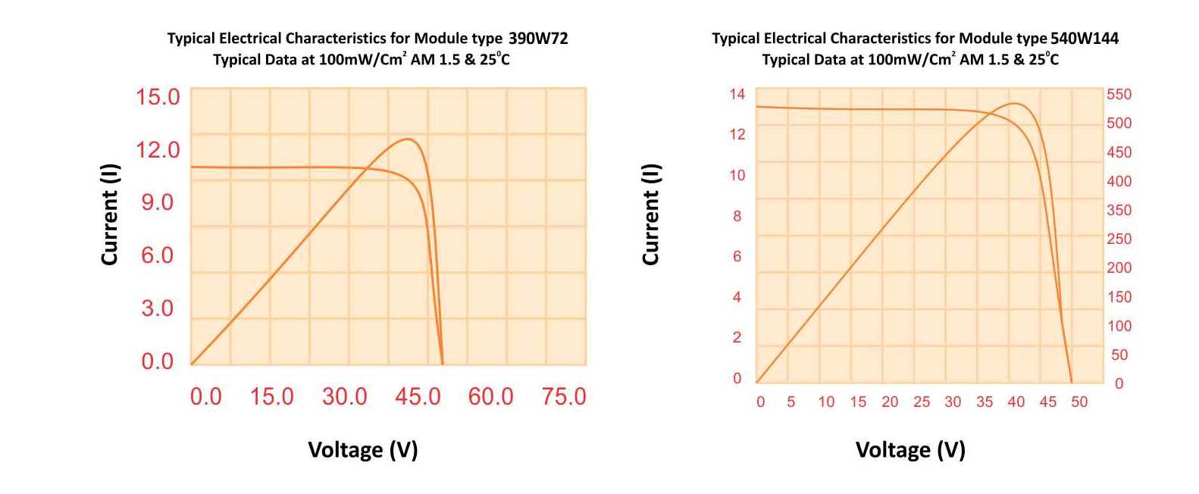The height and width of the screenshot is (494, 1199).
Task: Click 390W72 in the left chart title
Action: tap(538, 38)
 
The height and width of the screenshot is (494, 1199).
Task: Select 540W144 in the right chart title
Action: tap(1084, 38)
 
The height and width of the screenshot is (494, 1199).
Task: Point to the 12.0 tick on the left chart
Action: tap(158, 150)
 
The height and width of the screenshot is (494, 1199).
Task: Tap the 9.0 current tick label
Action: tap(158, 202)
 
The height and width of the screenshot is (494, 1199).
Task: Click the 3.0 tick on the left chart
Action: tap(158, 308)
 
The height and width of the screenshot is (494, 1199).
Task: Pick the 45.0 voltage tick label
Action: tap(418, 396)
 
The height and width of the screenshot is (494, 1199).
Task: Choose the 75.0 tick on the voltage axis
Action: tap(564, 396)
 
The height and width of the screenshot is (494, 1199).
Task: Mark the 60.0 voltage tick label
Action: tap(490, 396)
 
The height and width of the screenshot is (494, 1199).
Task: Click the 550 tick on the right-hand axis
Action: tap(1119, 95)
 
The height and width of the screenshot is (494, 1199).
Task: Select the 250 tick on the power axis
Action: tap(1119, 239)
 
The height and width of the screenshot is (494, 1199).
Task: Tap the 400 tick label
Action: tap(1119, 181)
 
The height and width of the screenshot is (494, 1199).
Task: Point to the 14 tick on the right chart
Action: tap(737, 94)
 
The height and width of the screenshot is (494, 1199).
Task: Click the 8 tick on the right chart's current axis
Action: tap(737, 216)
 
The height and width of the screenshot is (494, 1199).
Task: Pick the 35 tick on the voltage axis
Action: tap(984, 402)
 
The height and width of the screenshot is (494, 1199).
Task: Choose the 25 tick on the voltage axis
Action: tap(921, 402)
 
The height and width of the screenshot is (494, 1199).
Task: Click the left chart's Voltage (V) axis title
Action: tap(362, 450)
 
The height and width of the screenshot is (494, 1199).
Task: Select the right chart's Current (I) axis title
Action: tap(650, 214)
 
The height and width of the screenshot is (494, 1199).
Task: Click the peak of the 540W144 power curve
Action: tap(1014, 103)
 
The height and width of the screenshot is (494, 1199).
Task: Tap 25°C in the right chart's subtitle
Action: tap(1044, 59)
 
